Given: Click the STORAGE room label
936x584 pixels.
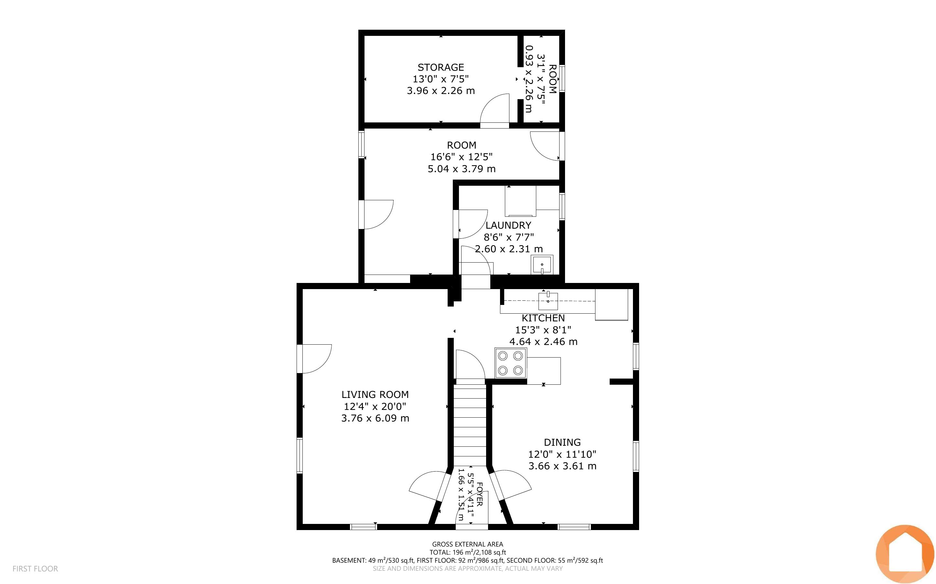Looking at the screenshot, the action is click(x=441, y=67).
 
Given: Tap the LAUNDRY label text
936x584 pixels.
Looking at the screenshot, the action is click(x=508, y=225).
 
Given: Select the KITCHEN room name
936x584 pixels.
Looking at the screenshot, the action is click(x=543, y=318).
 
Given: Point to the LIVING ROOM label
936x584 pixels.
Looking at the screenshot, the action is click(x=375, y=394).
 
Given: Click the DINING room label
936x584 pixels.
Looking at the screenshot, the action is click(x=562, y=442).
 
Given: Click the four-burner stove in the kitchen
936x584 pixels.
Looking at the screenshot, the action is click(x=510, y=363).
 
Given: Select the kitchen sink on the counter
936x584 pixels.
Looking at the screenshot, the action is click(x=548, y=300).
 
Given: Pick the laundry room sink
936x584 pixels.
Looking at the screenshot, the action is click(x=542, y=265).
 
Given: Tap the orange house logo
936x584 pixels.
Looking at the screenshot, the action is click(x=905, y=554).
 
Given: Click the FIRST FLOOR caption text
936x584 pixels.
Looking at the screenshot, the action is click(x=35, y=568).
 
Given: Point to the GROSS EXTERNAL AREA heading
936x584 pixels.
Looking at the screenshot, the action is click(x=467, y=544).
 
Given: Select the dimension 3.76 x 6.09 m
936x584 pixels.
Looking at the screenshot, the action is click(x=375, y=418).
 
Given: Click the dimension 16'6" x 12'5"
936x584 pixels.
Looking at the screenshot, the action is click(x=462, y=157).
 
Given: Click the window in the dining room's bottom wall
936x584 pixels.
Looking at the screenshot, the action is click(x=574, y=527).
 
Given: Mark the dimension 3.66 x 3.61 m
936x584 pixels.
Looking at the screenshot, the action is click(x=562, y=466).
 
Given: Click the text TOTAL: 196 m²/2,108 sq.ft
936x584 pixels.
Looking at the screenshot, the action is click(x=467, y=552).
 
